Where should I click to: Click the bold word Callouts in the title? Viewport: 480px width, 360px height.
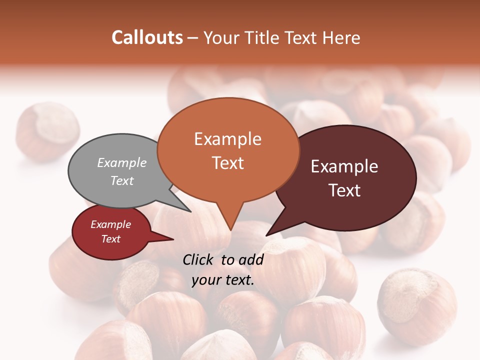pyautogui.click(x=147, y=37)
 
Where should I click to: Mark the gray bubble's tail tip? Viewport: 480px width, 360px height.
pyautogui.click(x=190, y=211)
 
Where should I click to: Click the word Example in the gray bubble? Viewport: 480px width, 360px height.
pyautogui.click(x=122, y=163)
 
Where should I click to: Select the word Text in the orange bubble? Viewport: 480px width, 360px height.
pyautogui.click(x=228, y=163)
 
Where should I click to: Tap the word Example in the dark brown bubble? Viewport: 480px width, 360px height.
pyautogui.click(x=344, y=166)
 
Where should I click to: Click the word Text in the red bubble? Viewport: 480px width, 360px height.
pyautogui.click(x=111, y=239)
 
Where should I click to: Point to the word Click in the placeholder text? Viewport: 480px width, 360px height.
pyautogui.click(x=199, y=259)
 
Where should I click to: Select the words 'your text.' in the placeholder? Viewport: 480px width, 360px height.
pyautogui.click(x=223, y=280)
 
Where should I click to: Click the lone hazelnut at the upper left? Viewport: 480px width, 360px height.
pyautogui.click(x=47, y=130)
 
